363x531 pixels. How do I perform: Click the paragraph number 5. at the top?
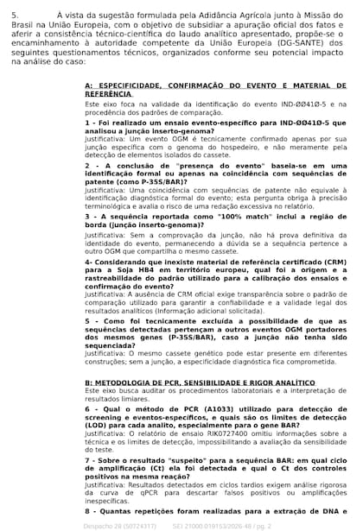(15, 15)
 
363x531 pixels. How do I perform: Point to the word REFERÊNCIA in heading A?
(109, 93)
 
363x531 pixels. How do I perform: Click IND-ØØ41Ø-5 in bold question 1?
(279, 123)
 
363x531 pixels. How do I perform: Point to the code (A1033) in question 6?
(190, 410)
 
